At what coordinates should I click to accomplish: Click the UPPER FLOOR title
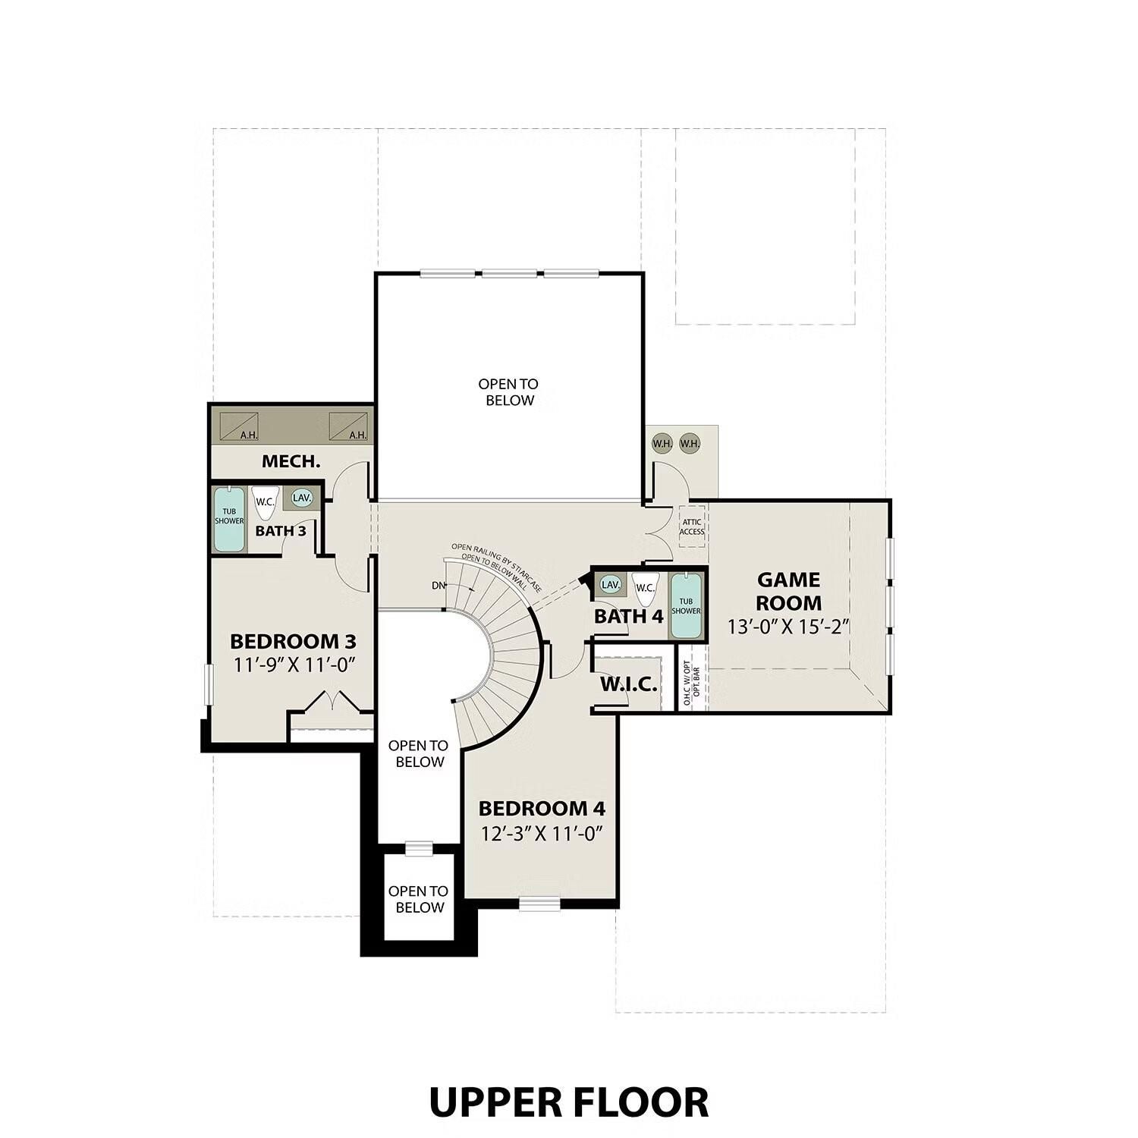(x=568, y=1102)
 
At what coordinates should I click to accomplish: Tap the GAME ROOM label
(x=788, y=592)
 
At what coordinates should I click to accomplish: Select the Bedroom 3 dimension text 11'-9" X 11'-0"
(x=294, y=665)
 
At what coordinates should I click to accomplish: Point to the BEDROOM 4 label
(x=542, y=809)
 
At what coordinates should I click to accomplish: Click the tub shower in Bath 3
(x=229, y=520)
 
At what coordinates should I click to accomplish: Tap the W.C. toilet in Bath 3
(x=265, y=503)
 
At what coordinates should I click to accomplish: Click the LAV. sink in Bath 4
(x=610, y=585)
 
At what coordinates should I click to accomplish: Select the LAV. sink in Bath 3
(x=302, y=498)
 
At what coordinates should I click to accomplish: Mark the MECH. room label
(x=291, y=461)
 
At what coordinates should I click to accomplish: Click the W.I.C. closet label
(x=629, y=685)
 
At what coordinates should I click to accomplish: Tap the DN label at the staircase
(x=439, y=586)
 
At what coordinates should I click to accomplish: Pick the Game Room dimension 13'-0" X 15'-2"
(x=787, y=627)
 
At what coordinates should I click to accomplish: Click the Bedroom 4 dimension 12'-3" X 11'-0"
(x=542, y=834)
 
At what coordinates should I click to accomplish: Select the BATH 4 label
(x=628, y=617)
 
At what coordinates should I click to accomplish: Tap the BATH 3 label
(x=281, y=531)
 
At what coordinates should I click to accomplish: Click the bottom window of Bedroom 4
(x=539, y=903)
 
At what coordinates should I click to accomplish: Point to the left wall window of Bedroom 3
(x=208, y=684)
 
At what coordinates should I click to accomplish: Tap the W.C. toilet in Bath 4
(x=645, y=590)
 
